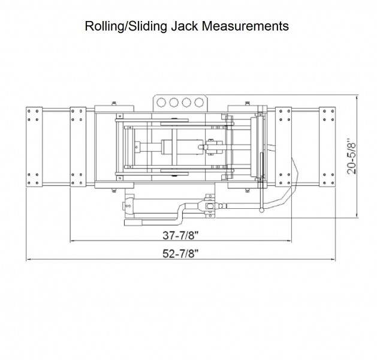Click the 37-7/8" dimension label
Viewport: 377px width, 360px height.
(x=180, y=235)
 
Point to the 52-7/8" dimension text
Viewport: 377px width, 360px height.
(x=180, y=253)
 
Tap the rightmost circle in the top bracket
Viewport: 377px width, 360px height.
(x=197, y=102)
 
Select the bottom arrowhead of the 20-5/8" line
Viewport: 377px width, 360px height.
(x=358, y=216)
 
